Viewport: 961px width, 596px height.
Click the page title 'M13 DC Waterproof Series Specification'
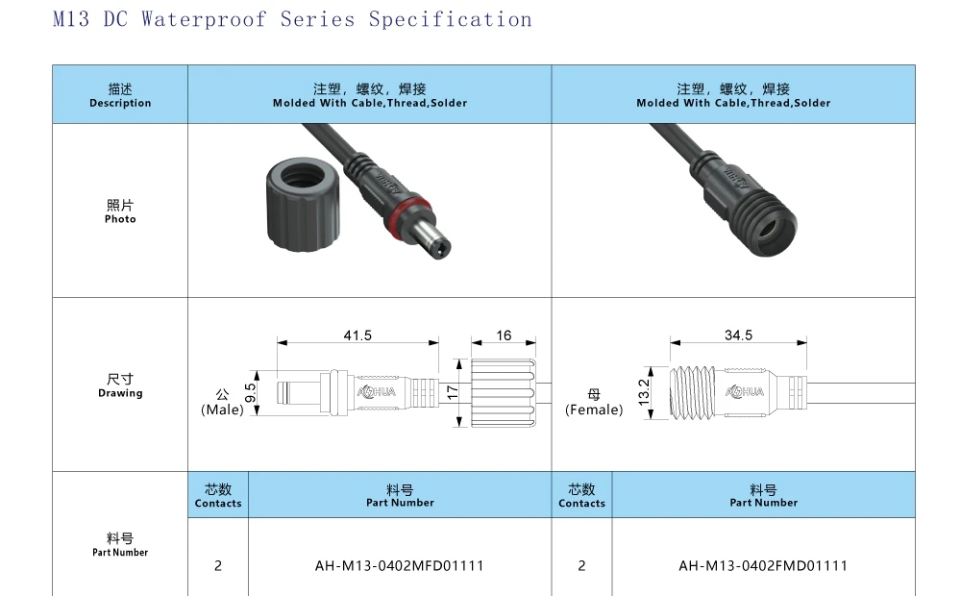(x=292, y=19)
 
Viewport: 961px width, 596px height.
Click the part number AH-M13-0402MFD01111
(x=400, y=565)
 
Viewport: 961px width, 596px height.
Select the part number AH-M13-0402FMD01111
(x=763, y=565)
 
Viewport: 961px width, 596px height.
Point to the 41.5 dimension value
(x=357, y=335)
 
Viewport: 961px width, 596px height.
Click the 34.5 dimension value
(x=738, y=335)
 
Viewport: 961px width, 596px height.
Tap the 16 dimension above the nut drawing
(x=504, y=335)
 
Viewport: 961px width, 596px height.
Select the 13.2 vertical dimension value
(x=645, y=391)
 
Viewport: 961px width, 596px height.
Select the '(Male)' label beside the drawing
(x=222, y=410)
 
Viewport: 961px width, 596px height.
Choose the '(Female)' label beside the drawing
(x=594, y=410)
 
